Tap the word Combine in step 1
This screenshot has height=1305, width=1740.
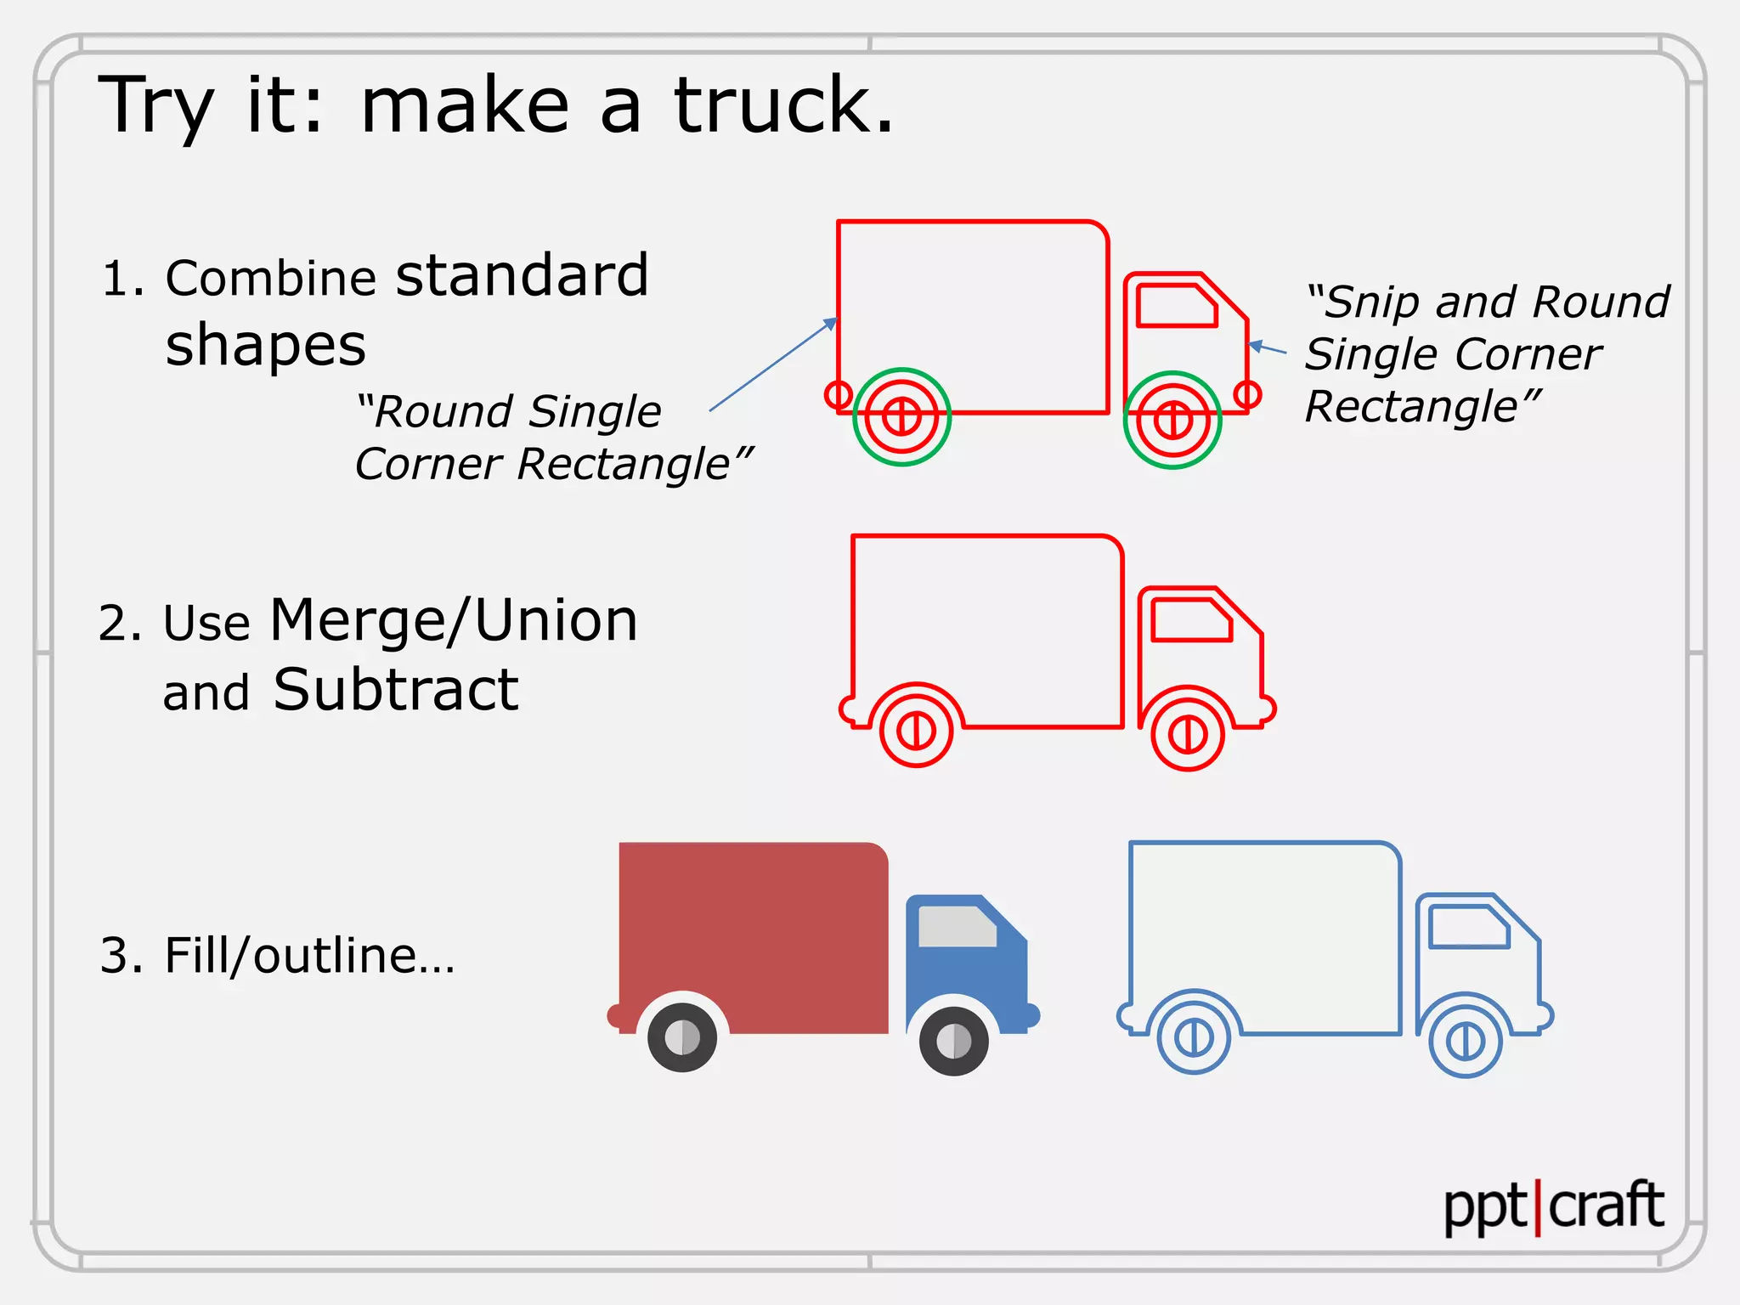point(270,279)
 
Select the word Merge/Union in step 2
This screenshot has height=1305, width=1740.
point(453,620)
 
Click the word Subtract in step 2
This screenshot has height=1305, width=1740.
point(395,689)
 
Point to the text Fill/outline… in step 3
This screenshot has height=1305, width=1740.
point(309,955)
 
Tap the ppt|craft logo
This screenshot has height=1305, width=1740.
point(1553,1206)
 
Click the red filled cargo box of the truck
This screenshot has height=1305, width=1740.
point(754,926)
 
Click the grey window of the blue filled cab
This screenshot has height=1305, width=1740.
point(958,926)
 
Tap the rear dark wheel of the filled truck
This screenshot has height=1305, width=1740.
point(682,1037)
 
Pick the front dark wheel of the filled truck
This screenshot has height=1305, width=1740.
point(954,1041)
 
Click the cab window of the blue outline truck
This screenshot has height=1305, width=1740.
point(1468,926)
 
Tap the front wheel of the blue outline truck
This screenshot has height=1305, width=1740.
point(1466,1040)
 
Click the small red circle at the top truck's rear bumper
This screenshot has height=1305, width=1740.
point(839,394)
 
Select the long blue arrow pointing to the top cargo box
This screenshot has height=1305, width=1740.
point(773,365)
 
